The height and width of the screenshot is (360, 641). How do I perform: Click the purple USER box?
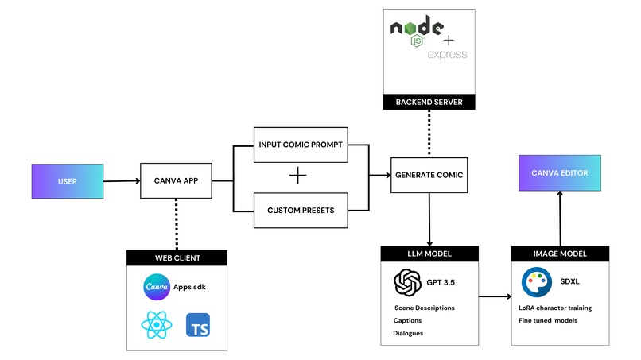68,180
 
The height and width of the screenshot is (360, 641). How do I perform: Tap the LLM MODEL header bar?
429,255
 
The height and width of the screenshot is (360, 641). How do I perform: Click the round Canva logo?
157,286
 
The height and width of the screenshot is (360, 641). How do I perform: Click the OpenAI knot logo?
408,282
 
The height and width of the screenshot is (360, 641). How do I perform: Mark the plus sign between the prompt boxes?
297,176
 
